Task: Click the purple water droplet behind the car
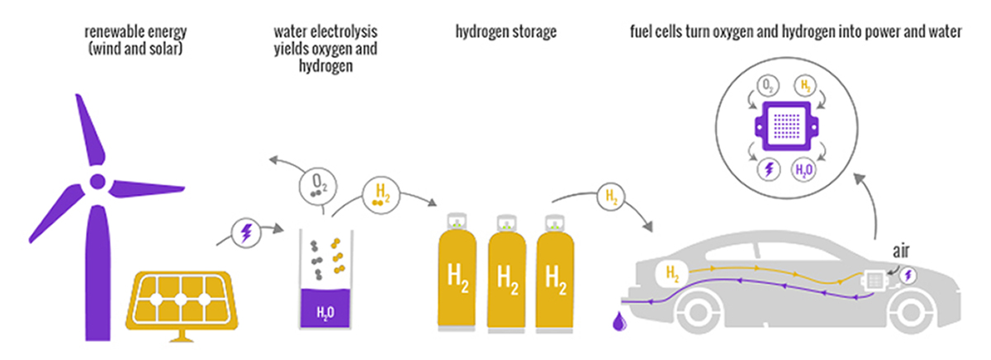coord(618,323)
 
